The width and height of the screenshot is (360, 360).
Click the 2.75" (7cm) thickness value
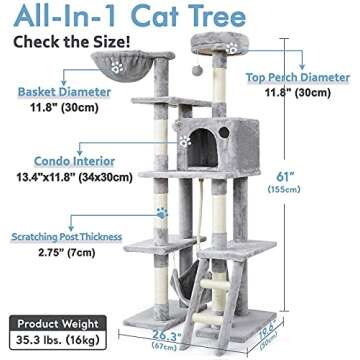pyautogui.click(x=56, y=282)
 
